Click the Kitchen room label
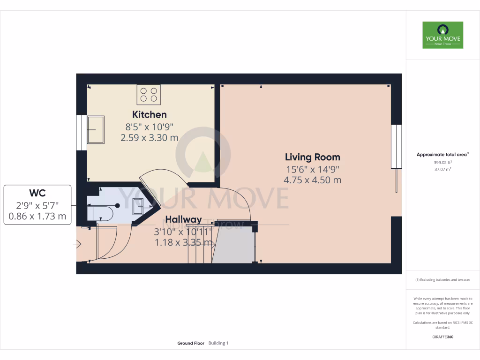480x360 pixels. coord(149,114)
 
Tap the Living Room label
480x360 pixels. coord(313,157)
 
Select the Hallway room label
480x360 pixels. coord(183,219)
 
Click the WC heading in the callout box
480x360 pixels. coord(37,193)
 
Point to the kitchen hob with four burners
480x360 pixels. coord(149,94)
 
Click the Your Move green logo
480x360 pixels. coord(442,35)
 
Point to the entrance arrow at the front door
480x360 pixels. coord(77,244)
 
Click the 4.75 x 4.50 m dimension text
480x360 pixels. coord(313,180)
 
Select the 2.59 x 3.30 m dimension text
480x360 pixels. coord(149,138)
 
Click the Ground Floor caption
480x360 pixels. coord(191,343)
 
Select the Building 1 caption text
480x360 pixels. coord(218,343)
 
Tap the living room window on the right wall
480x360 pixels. coord(397,146)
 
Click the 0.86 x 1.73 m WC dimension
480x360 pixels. coord(37,217)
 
